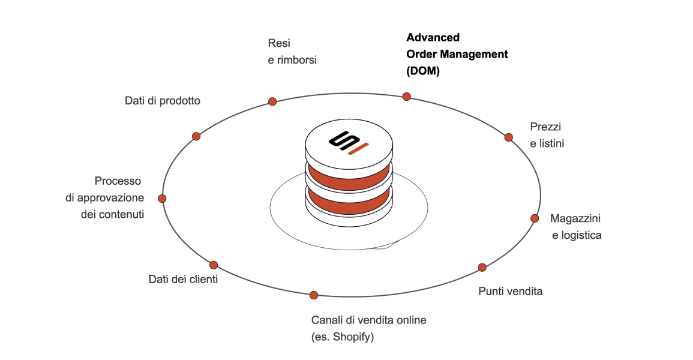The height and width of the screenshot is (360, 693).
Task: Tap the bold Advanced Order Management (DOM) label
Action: tap(457, 54)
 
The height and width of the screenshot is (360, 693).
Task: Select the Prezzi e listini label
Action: tap(547, 135)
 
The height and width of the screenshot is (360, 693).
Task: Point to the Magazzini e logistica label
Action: tap(575, 227)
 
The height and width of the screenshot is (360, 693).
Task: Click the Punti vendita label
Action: tap(510, 292)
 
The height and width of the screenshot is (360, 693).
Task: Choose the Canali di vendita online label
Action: tap(368, 320)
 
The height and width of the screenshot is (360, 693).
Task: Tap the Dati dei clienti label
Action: tap(183, 279)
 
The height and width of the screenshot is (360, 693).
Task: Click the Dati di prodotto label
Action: tap(163, 101)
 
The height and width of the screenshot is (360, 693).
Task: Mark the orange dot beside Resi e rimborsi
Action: tap(272, 101)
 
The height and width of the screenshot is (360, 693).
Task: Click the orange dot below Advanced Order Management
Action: tap(406, 96)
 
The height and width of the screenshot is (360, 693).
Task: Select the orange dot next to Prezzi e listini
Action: tap(509, 137)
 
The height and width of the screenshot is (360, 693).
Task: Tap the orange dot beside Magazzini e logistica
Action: tap(534, 218)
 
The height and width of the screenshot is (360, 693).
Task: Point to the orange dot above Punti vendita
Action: tap(482, 267)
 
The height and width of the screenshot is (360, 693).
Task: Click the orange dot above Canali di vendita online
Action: tap(314, 295)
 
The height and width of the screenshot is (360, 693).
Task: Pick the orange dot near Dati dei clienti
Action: tap(214, 265)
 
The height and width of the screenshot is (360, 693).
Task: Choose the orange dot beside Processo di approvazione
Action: tap(162, 198)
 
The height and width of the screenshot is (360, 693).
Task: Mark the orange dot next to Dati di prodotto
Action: tap(196, 136)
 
